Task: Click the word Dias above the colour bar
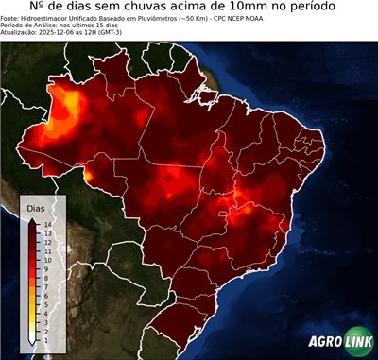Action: (x=36, y=206)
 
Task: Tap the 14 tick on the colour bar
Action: (x=46, y=224)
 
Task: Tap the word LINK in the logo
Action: (x=359, y=343)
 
